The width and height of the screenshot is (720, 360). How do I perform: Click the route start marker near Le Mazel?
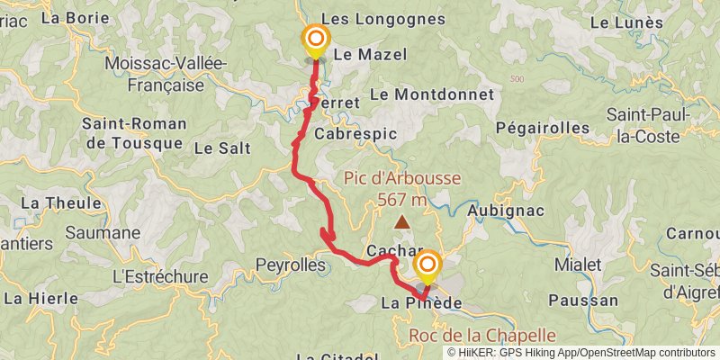pos(316,40)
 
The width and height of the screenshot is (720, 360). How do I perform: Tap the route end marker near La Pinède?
pos(427,265)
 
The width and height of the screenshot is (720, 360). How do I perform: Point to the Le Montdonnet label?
pos(431,94)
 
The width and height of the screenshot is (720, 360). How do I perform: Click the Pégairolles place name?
pos(541,129)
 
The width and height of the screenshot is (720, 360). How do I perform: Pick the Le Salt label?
pos(220,148)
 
